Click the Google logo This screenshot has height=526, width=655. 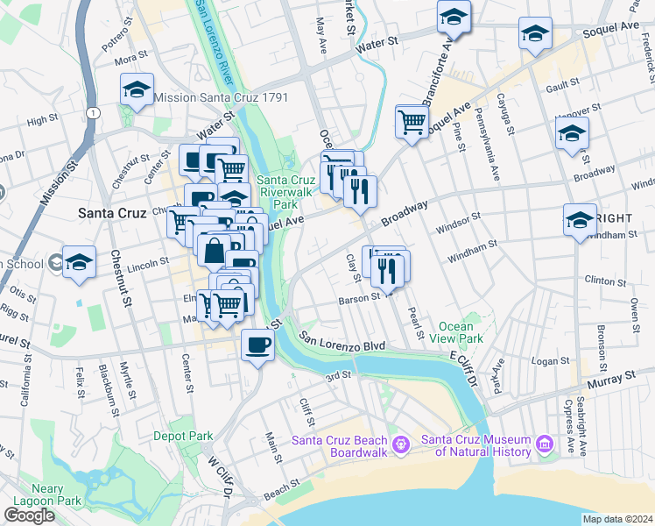click(x=29, y=515)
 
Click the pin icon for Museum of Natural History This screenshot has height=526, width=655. click(x=544, y=444)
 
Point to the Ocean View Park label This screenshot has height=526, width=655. click(x=461, y=332)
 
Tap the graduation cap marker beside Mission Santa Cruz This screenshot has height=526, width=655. click(x=137, y=89)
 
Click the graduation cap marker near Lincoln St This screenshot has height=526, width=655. click(x=79, y=262)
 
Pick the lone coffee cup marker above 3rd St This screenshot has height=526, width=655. click(x=257, y=345)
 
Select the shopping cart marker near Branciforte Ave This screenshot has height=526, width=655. click(x=412, y=122)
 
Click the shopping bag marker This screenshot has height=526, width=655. click(x=214, y=252)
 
